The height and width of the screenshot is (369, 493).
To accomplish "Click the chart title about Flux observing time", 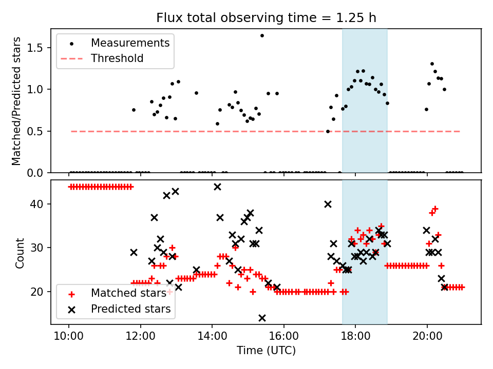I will click(x=266, y=18).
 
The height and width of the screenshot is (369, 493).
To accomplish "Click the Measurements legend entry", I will click(x=129, y=43).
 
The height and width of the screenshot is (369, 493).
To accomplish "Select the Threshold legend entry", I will click(x=117, y=58).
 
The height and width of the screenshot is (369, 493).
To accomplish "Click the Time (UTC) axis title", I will click(x=266, y=351).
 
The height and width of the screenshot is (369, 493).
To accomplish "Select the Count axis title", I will click(x=20, y=253).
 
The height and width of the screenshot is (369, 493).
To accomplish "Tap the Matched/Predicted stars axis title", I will click(x=17, y=101).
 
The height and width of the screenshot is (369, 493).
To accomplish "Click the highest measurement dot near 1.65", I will click(x=262, y=35).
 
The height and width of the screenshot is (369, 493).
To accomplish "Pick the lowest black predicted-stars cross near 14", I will click(x=262, y=318).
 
